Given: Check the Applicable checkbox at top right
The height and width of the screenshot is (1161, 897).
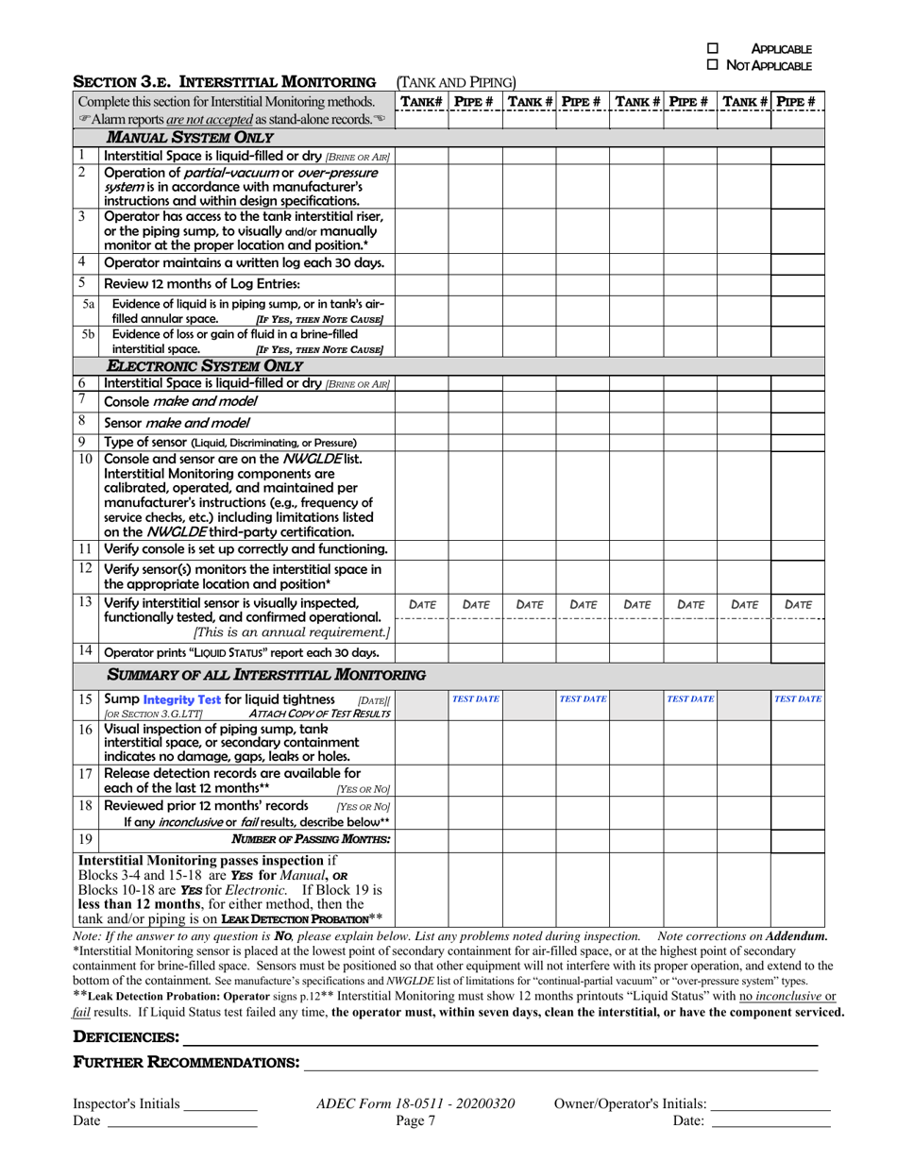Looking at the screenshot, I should pyautogui.click(x=714, y=48).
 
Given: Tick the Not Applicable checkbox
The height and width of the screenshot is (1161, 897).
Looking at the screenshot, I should pyautogui.click(x=714, y=64).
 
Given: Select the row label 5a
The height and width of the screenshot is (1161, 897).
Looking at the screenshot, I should pyautogui.click(x=88, y=304).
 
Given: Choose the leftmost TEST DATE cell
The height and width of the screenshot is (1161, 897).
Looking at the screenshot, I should pyautogui.click(x=475, y=699).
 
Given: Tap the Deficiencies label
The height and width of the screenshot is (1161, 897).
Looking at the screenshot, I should pyautogui.click(x=127, y=1037).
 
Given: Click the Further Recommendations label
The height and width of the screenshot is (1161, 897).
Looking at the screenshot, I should pyautogui.click(x=186, y=1063).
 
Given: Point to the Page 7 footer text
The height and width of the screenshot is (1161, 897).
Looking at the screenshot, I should pyautogui.click(x=415, y=1120).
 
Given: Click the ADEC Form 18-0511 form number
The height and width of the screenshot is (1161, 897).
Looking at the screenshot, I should pyautogui.click(x=415, y=1103).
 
